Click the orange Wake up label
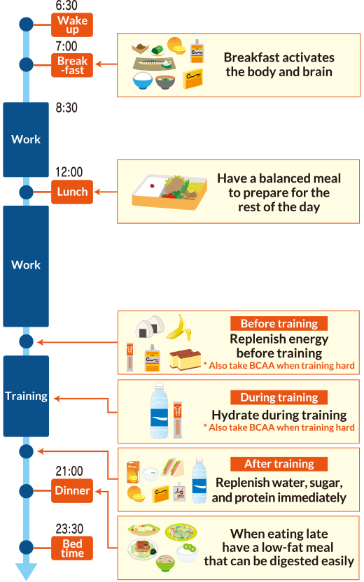click(x=72, y=25)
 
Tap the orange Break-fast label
click(x=72, y=65)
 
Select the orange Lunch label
click(x=72, y=192)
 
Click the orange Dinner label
click(x=72, y=491)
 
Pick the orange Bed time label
click(x=72, y=548)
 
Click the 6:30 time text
click(x=66, y=6)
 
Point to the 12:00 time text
click(x=69, y=172)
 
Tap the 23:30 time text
click(x=69, y=529)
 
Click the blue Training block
click(x=26, y=396)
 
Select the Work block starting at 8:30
click(x=26, y=140)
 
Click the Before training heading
click(x=279, y=324)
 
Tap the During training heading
click(x=279, y=397)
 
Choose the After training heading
click(x=279, y=464)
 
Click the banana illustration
click(x=178, y=327)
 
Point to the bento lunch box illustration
click(x=170, y=190)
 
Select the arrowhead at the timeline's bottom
click(x=26, y=572)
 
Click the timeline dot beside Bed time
click(x=26, y=547)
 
